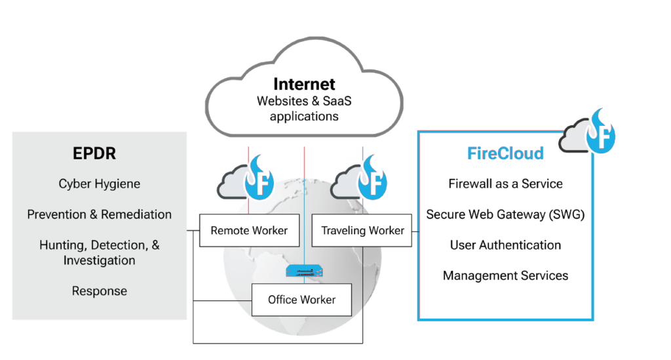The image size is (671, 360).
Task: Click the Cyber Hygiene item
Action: pos(99,184)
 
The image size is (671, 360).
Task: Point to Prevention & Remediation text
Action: pos(99,214)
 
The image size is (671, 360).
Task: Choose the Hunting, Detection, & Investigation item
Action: pos(99,252)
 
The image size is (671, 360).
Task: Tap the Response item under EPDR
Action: pos(99,290)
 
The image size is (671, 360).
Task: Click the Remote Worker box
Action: pos(244,230)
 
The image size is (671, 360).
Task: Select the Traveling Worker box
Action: pos(362,230)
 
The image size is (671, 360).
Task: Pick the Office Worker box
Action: pos(301,300)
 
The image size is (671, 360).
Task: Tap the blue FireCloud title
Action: pos(505,154)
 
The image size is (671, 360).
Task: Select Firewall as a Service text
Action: pos(505,184)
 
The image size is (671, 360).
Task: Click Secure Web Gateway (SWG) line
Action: pos(505,214)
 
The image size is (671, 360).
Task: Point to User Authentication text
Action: pos(505,245)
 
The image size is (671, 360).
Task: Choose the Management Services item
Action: pos(505,275)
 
